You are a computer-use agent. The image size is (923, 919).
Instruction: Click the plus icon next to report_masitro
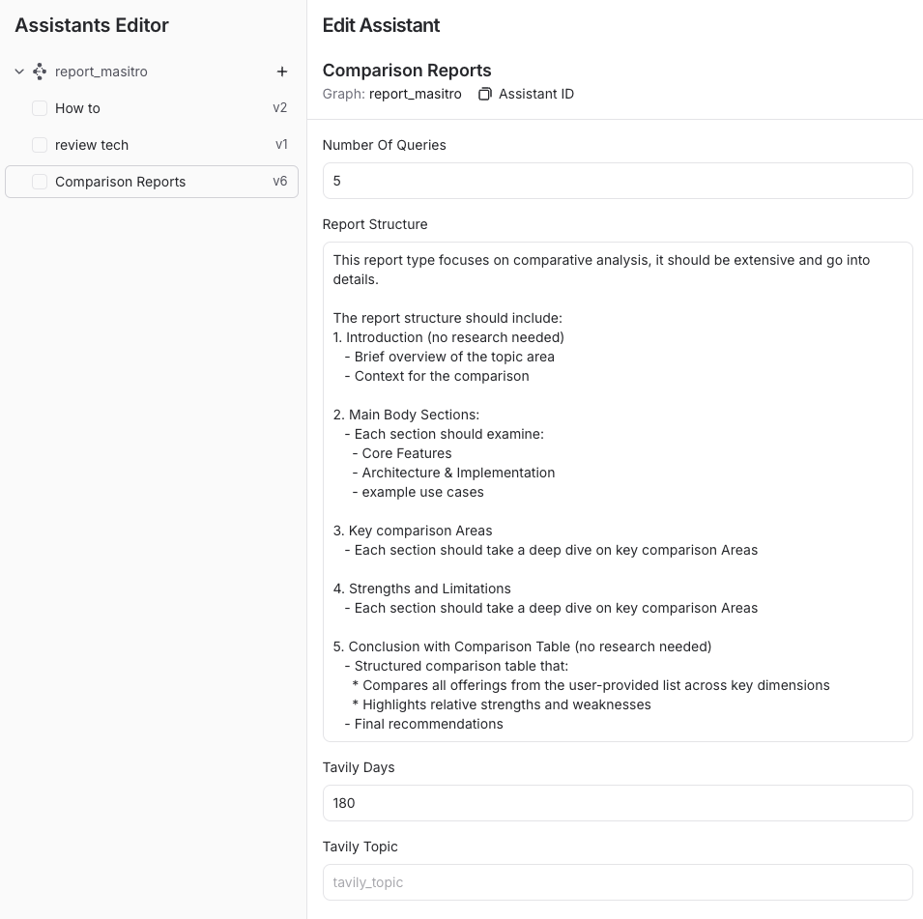click(282, 72)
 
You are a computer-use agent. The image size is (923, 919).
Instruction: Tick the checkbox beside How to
click(40, 108)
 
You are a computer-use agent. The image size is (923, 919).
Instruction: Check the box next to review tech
click(40, 145)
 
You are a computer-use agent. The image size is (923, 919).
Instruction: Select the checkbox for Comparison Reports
click(40, 182)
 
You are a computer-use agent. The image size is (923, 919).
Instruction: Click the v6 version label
click(279, 182)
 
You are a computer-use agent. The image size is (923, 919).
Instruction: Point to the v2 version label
click(279, 108)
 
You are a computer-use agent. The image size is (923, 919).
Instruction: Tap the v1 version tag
click(281, 145)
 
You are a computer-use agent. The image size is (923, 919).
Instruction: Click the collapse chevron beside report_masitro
click(19, 72)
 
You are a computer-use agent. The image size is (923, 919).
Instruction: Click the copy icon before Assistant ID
click(485, 94)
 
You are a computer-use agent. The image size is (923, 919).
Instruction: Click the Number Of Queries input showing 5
click(617, 181)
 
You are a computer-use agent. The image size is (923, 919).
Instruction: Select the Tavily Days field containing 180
click(617, 803)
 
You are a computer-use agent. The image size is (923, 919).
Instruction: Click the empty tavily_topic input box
click(617, 882)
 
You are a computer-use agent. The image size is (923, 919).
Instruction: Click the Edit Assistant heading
click(381, 26)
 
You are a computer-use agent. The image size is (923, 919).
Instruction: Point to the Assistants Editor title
click(92, 26)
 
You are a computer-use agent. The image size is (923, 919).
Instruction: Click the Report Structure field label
click(374, 224)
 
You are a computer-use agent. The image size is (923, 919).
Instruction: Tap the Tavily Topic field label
click(360, 847)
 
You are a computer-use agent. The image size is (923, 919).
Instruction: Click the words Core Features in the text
click(406, 453)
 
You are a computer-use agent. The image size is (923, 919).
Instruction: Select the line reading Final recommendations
click(428, 724)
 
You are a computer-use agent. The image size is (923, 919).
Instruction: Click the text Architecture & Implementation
click(458, 473)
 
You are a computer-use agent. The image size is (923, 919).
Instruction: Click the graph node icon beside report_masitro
click(40, 72)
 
